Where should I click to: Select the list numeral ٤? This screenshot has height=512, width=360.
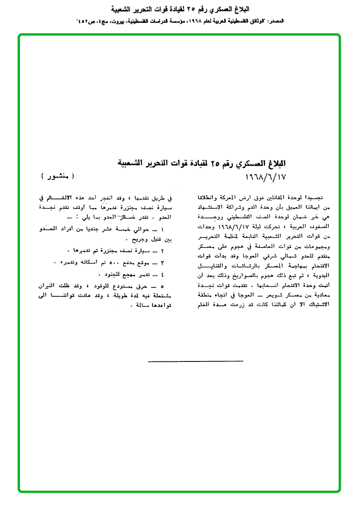(x=162, y=275)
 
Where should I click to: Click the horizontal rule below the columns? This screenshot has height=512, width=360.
(x=195, y=361)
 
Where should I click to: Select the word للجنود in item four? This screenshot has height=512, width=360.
(x=107, y=275)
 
